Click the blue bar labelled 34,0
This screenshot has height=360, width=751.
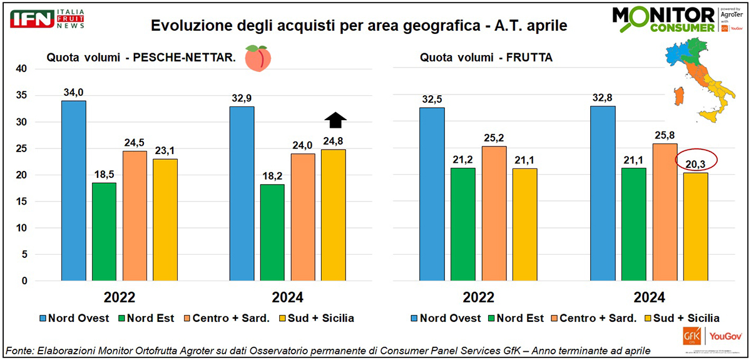tap(74, 190)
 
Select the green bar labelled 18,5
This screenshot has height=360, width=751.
tap(105, 232)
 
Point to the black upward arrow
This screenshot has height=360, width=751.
tap(335, 120)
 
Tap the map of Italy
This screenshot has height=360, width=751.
tap(698, 78)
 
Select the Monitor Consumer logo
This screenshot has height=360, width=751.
tap(663, 19)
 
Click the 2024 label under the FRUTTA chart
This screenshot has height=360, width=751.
tap(648, 297)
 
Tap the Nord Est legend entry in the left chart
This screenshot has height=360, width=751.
tap(146, 318)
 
